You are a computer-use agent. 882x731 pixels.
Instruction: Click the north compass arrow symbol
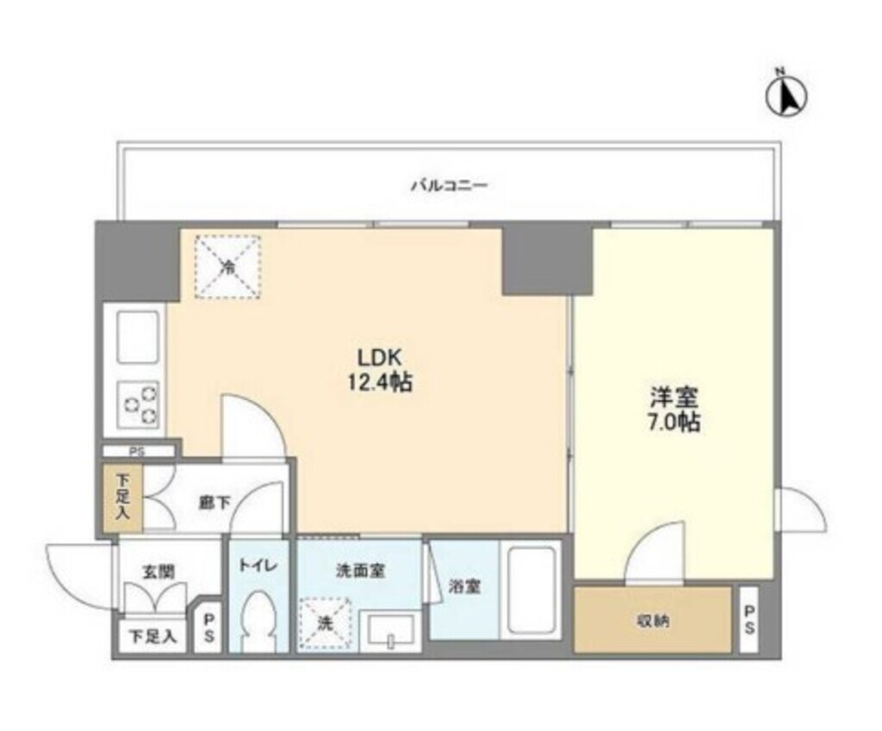point(786,96)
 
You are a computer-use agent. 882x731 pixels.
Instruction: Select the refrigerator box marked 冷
point(227,266)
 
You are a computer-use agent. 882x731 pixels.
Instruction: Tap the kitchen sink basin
point(136,338)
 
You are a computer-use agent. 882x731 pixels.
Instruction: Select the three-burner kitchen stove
point(138,403)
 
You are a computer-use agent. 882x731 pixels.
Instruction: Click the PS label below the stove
point(138,450)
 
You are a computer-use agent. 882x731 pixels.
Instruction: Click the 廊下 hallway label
point(214,504)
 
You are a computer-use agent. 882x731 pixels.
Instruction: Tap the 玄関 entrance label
point(158,570)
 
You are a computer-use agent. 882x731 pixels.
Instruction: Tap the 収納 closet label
point(651,620)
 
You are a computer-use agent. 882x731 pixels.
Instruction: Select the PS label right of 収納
point(748,620)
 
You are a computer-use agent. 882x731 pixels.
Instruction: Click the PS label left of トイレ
point(208,630)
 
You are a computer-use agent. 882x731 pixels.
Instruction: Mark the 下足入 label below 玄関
point(152,638)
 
